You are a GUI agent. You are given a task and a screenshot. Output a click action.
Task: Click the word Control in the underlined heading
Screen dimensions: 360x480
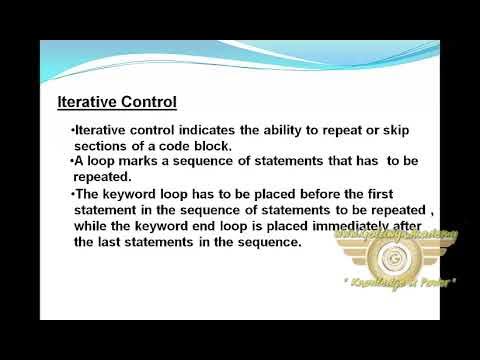pos(148,102)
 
